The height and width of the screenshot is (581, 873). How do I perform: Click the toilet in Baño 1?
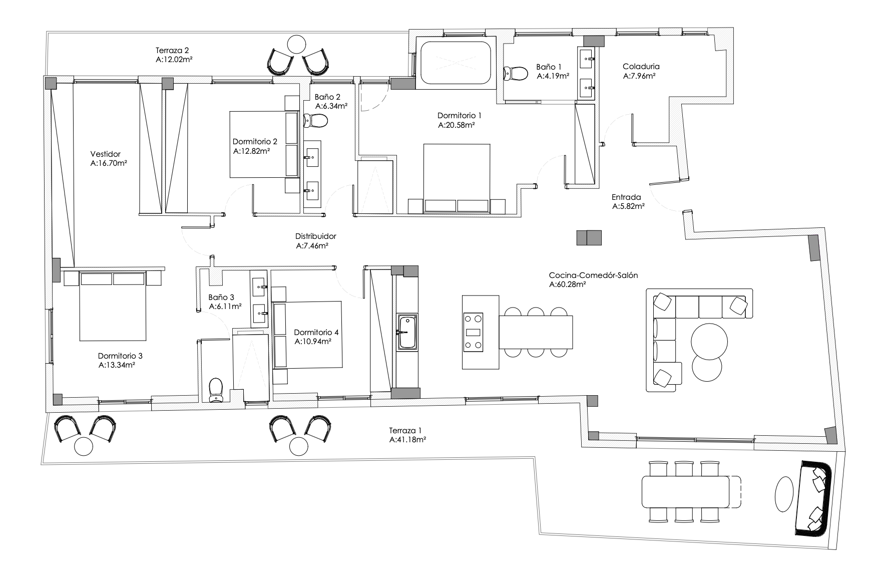(517, 73)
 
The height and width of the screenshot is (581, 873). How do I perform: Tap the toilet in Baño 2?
(315, 121)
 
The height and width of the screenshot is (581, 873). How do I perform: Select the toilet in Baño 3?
(216, 390)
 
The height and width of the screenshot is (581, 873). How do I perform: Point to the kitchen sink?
(407, 331)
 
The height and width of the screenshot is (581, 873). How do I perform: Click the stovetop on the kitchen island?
(474, 331)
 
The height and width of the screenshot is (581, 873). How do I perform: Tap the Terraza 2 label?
(172, 50)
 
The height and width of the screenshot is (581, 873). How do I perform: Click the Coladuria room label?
(641, 66)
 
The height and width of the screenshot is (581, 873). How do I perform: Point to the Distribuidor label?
(315, 236)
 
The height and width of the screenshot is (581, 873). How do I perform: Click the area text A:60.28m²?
(568, 284)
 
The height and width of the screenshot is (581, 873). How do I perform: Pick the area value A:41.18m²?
(408, 440)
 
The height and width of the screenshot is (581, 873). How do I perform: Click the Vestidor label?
(105, 154)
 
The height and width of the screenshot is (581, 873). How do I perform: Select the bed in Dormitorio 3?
(113, 306)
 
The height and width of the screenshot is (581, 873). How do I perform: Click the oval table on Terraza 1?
(784, 494)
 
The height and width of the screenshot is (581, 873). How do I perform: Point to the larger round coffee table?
(709, 342)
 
